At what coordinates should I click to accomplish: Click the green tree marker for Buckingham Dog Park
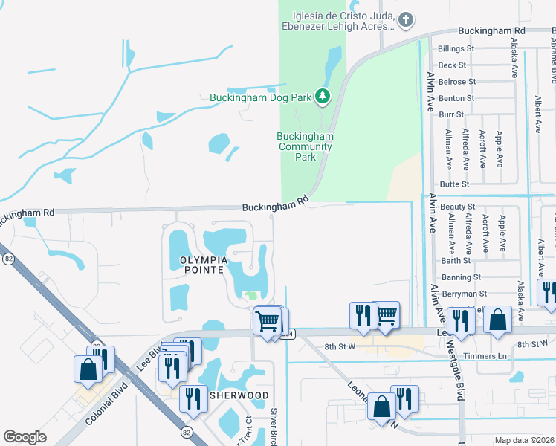[322, 97]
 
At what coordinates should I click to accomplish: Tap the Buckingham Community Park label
[306, 146]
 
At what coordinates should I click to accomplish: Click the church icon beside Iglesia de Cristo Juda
[405, 21]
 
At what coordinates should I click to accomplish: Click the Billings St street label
[456, 48]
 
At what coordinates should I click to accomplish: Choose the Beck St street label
[453, 65]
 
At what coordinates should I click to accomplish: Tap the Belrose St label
[456, 82]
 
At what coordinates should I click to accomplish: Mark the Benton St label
[456, 98]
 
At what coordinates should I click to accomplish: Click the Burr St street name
[451, 115]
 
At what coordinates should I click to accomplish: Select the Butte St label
[455, 184]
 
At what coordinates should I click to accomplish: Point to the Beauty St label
[457, 206]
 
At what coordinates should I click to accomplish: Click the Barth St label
[456, 261]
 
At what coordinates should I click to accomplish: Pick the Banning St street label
[462, 277]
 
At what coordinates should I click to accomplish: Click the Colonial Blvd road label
[108, 405]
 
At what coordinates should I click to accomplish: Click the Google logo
[25, 437]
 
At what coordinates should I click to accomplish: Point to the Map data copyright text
[523, 440]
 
